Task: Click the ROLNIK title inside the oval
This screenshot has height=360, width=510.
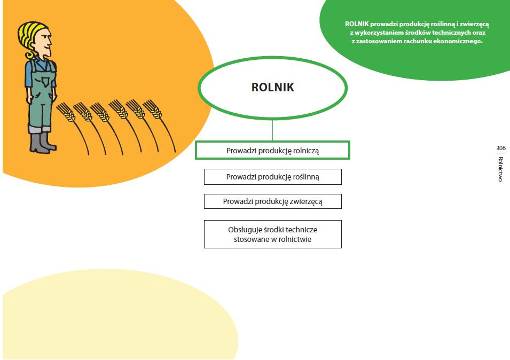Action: point(272,88)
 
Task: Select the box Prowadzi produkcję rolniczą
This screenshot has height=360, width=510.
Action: point(272,151)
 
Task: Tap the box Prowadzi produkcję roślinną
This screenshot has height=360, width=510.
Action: point(272,177)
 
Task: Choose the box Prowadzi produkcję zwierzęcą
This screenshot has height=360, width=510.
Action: point(272,202)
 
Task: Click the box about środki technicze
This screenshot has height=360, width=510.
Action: point(272,234)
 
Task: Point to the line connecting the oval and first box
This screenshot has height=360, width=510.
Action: point(272,130)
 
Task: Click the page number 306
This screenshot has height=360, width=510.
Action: point(500,148)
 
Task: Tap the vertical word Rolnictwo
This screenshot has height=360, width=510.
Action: point(500,169)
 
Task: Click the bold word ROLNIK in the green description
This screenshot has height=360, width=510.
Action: point(357,24)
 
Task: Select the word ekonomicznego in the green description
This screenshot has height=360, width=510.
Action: point(456,41)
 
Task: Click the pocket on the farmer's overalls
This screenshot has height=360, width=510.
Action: point(48,82)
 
